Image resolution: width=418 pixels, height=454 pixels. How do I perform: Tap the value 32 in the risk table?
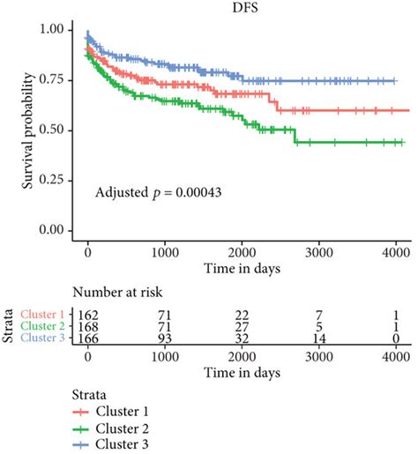(241, 336)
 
